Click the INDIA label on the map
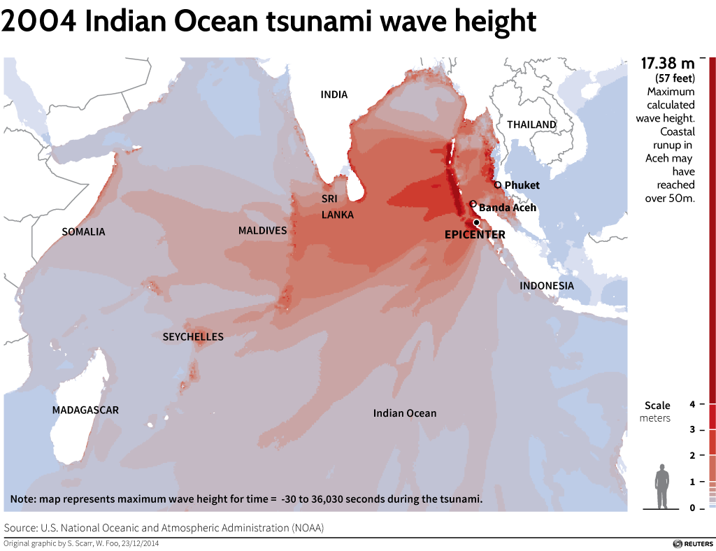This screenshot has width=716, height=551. coord(334,95)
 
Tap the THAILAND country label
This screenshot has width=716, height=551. coord(531,125)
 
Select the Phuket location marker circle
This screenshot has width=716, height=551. coord(498,185)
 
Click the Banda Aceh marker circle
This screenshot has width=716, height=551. coord(473,204)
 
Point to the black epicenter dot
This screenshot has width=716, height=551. coord(476,222)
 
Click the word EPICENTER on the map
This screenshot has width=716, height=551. coord(475,235)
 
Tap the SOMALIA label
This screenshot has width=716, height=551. coord(83,231)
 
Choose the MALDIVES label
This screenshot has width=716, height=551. coord(262,231)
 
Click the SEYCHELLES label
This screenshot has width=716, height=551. coord(193,337)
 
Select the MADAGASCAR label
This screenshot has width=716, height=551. coord(85,410)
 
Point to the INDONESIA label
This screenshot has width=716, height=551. coord(546,286)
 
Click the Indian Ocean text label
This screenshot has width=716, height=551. coord(404,413)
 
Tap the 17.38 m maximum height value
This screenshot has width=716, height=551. coord(668,64)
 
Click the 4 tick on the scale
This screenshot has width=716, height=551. coord(692,404)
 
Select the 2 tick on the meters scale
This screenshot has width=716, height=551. coord(692,456)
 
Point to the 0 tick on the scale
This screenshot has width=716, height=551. coord(692,508)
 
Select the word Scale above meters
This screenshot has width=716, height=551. coord(657,406)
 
